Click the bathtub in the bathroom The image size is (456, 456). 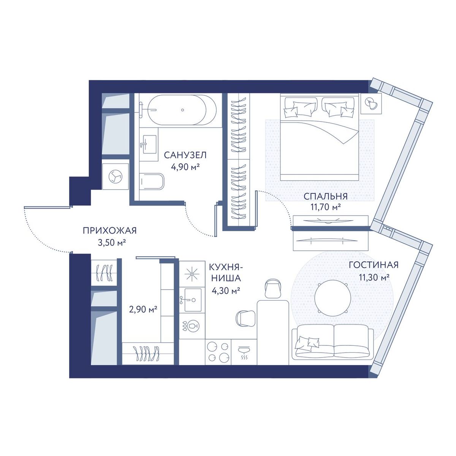pyautogui.click(x=182, y=110)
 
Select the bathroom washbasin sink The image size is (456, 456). pyautogui.click(x=149, y=144)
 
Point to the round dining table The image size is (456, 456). pyautogui.click(x=332, y=299)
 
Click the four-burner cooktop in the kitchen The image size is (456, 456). pyautogui.click(x=218, y=353)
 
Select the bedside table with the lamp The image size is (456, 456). pyautogui.click(x=371, y=104)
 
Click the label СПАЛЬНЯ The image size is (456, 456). pyautogui.click(x=326, y=196)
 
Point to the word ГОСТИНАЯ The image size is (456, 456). pyautogui.click(x=374, y=265)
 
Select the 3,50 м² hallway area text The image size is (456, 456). pyautogui.click(x=112, y=242)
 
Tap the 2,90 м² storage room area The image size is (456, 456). pyautogui.click(x=143, y=309)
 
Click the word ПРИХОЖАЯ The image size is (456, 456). pyautogui.click(x=110, y=231)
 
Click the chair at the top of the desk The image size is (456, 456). pyautogui.click(x=272, y=288)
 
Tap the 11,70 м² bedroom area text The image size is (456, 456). pyautogui.click(x=326, y=207)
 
